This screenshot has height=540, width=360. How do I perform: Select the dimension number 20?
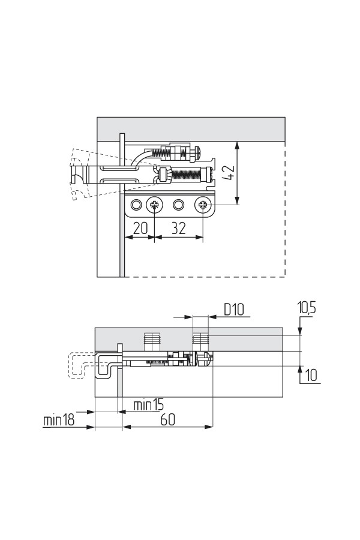[140, 229]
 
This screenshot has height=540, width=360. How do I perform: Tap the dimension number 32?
[178, 229]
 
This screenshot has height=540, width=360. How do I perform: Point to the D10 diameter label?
[233, 310]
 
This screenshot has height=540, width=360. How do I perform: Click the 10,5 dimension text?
[307, 308]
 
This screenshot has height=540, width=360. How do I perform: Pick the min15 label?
[148, 404]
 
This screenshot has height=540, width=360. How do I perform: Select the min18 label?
[59, 420]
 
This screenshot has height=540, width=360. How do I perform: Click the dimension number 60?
[167, 419]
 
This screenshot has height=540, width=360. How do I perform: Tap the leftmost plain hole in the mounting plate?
[136, 206]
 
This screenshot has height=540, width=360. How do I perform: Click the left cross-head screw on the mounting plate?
[155, 206]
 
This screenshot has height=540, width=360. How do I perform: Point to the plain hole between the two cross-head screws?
[178, 206]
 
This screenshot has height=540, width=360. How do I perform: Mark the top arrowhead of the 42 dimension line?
[238, 145]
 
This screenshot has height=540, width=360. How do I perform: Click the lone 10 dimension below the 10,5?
[311, 376]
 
